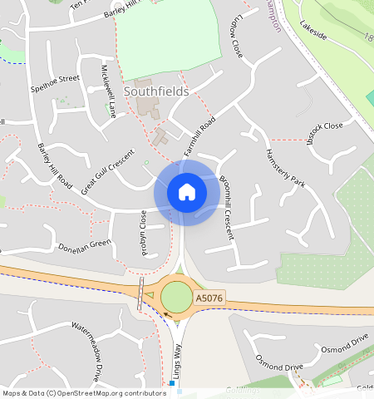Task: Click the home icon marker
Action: coord(187,193)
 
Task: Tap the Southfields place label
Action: coord(156,91)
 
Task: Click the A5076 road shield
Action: coord(208,298)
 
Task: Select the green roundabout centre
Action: coord(176,296)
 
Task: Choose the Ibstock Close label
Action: coord(324,127)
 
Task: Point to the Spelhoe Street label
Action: coord(55,82)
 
